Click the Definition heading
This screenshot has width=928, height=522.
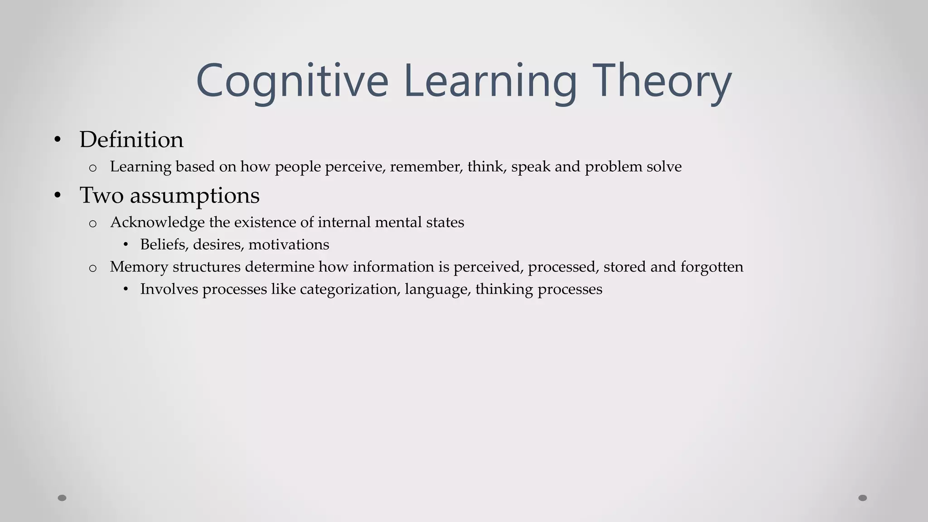coord(131,140)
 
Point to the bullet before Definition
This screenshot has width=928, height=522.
coord(57,140)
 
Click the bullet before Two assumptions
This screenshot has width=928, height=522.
coord(57,196)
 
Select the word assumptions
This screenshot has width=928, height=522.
coord(195,196)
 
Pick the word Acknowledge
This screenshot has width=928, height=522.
coord(157,222)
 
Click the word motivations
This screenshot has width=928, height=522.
coord(289,245)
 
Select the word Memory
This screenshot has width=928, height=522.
coord(139,267)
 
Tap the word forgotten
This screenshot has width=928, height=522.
coord(711,267)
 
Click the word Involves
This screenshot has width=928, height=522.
coord(169,289)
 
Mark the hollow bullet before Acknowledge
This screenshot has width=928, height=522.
coord(93,224)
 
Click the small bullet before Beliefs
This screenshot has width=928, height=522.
coord(126,245)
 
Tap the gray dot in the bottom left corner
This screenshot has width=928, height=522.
coord(62,498)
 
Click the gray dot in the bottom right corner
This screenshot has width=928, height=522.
coord(863,498)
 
